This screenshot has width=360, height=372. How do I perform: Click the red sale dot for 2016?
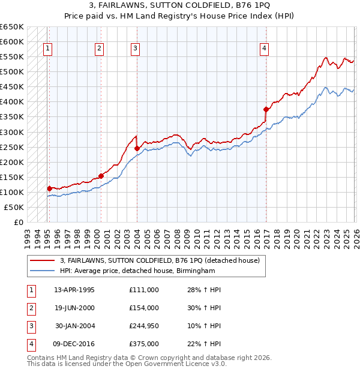pyautogui.click(x=265, y=109)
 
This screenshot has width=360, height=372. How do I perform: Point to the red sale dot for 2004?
pyautogui.click(x=137, y=148)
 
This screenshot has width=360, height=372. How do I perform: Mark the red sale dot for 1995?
pyautogui.click(x=49, y=188)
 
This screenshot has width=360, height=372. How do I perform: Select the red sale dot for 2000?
pyautogui.click(x=101, y=176)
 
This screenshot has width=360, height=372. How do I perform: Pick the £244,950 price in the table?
pyautogui.click(x=143, y=327)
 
